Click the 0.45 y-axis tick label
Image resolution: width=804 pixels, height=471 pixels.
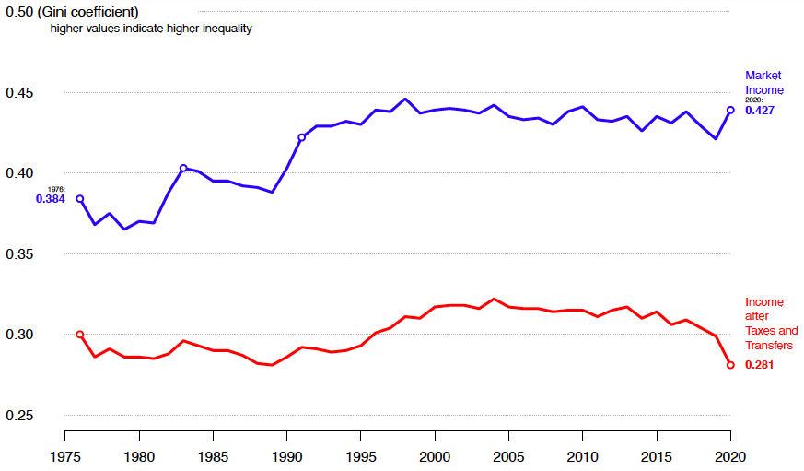point(19,93)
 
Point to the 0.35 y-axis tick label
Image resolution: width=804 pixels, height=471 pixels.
point(19,254)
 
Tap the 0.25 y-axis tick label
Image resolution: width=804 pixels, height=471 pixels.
point(19,416)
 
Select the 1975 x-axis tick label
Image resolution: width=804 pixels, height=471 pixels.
point(65,456)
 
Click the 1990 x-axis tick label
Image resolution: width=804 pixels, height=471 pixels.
point(286,456)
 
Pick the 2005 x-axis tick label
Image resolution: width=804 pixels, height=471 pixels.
point(508,456)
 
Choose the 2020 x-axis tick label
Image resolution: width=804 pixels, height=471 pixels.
point(730,456)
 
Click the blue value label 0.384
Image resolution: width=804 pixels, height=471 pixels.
point(50,198)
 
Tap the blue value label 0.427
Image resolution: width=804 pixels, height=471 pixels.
point(760,110)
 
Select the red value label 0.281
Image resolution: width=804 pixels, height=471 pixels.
point(760,365)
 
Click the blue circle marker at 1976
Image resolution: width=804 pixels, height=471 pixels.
point(80,198)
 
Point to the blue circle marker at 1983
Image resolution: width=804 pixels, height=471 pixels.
point(183,168)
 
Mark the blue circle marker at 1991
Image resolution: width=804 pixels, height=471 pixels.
point(301,137)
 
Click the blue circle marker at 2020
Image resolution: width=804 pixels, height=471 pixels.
point(730,110)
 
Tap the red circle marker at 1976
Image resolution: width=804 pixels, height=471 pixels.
point(80,335)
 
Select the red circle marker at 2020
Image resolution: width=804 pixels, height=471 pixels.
point(730,365)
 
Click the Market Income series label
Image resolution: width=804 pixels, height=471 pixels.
point(764,82)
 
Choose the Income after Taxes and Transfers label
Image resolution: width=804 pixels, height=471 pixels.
point(771,324)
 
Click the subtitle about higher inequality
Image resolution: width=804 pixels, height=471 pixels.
point(151,29)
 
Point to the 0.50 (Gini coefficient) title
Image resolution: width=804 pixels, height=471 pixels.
point(72,12)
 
